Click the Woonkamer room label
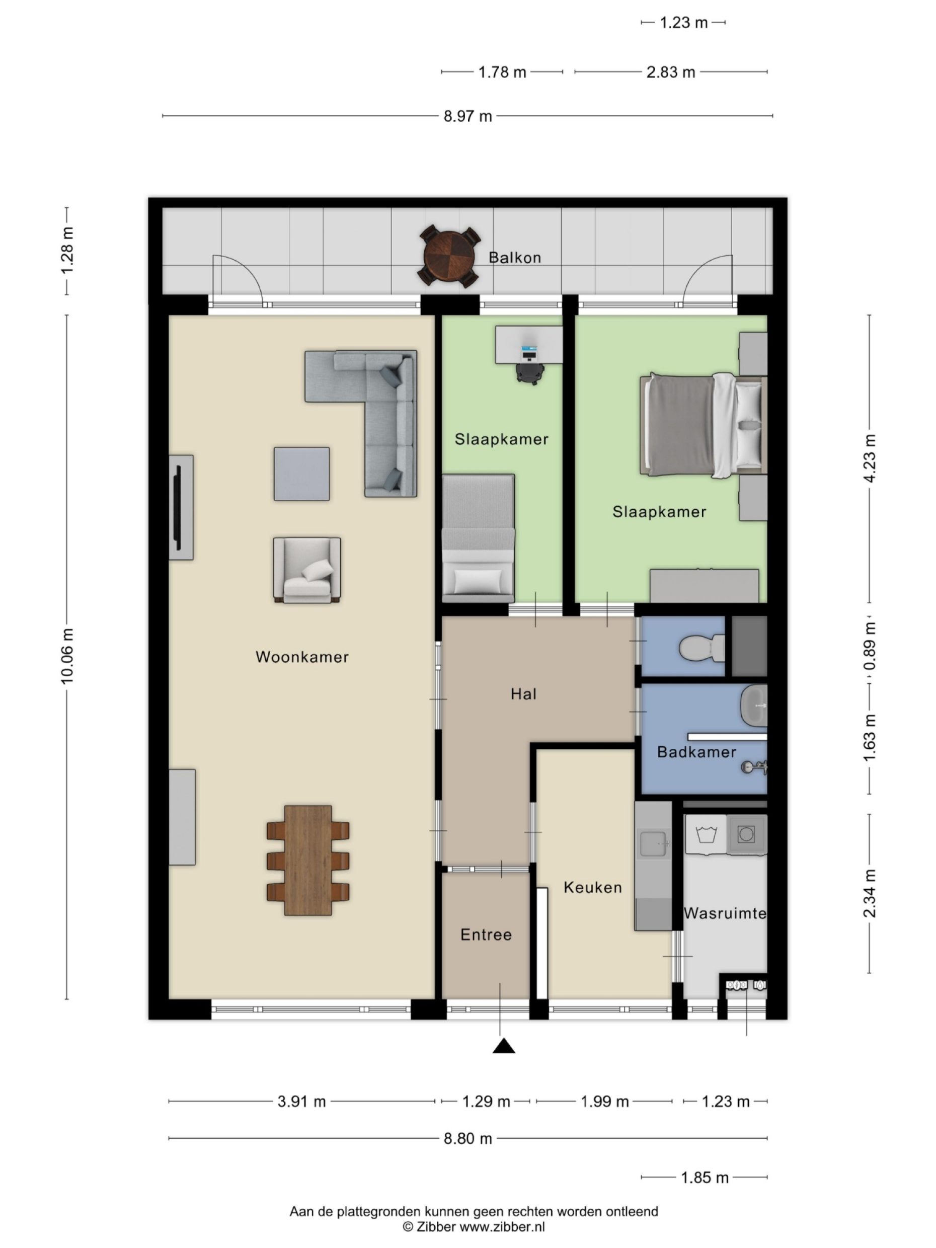tap(302, 657)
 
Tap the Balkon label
tap(514, 258)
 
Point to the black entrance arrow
tap(503, 1047)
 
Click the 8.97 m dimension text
tap(467, 116)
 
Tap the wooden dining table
tap(307, 860)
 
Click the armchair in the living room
tap(306, 570)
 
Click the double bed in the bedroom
tap(703, 425)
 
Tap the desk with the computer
tap(529, 345)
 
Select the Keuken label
tap(592, 888)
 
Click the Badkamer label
tap(696, 752)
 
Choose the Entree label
tap(486, 935)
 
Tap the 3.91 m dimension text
tap(301, 1101)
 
